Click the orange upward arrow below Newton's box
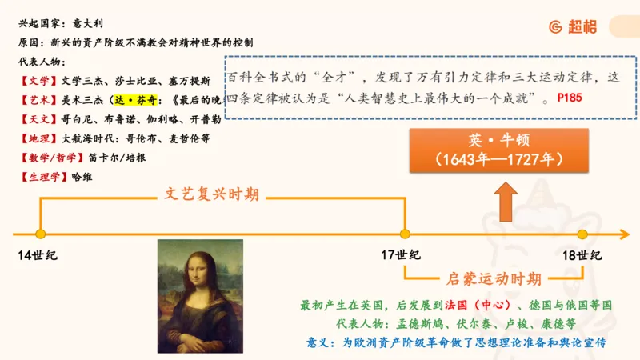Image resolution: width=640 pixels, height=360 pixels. [504, 200]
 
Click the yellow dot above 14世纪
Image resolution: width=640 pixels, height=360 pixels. [40, 234]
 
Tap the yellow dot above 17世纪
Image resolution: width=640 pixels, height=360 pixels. [405, 234]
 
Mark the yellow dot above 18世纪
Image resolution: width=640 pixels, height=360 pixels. [582, 234]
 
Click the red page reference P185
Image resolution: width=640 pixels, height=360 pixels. [571, 98]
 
